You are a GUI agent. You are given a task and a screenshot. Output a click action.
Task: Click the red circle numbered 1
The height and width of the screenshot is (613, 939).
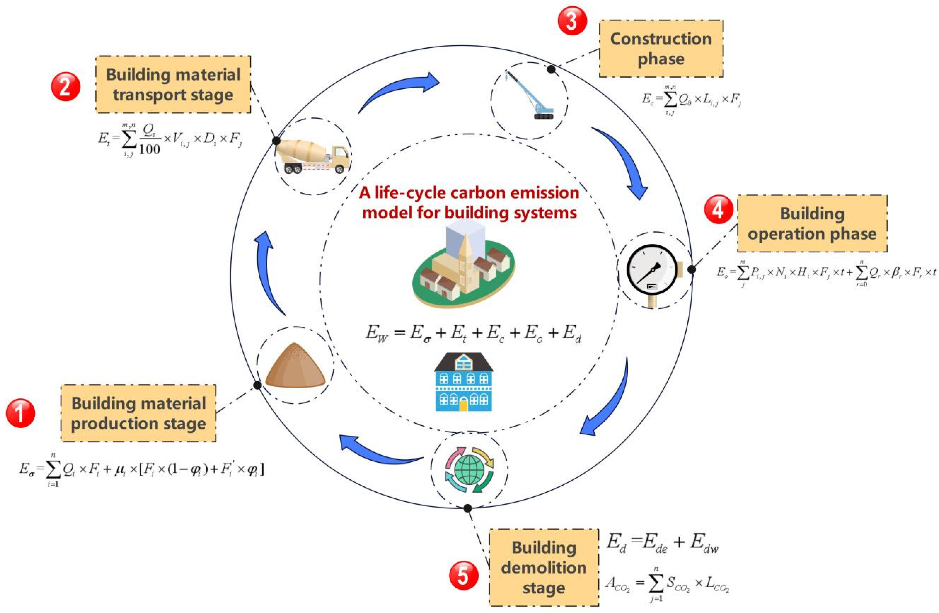coord(20,413)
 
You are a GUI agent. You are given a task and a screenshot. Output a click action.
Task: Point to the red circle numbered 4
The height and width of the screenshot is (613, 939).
coord(718,209)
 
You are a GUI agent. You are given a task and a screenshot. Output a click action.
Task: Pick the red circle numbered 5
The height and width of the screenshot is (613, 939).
coord(464,575)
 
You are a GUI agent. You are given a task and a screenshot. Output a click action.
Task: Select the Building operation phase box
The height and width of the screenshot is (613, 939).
coord(812,223)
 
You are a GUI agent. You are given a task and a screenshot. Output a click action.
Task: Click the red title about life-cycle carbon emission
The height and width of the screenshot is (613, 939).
coord(469,203)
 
